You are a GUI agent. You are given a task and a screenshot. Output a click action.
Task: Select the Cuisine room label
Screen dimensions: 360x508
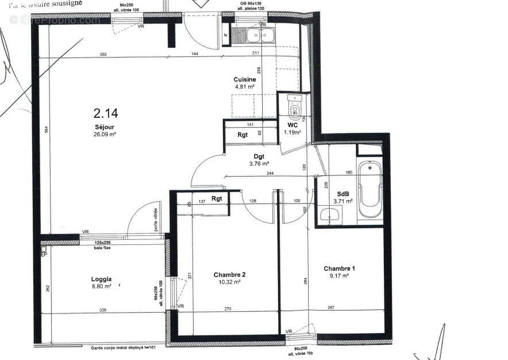[x=244, y=79]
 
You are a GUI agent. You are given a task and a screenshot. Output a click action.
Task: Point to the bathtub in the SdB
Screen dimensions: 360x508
[x=370, y=190]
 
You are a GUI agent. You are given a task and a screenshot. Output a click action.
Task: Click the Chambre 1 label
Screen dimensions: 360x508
[x=340, y=269]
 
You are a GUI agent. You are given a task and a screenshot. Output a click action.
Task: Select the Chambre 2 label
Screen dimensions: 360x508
[x=229, y=274]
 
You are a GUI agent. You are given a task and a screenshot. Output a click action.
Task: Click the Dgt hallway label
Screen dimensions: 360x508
[x=259, y=156]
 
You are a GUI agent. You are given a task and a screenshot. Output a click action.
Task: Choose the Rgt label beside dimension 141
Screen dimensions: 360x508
[x=243, y=135]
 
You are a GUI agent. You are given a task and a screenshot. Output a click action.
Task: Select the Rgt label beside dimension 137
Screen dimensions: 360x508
[x=217, y=199]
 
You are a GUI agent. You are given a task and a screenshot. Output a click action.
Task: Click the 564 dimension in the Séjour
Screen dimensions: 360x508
[x=45, y=130]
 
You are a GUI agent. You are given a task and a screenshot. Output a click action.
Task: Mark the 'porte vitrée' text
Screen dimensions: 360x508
[x=155, y=220]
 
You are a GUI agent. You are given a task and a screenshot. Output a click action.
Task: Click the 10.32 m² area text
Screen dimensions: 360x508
[x=229, y=282]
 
